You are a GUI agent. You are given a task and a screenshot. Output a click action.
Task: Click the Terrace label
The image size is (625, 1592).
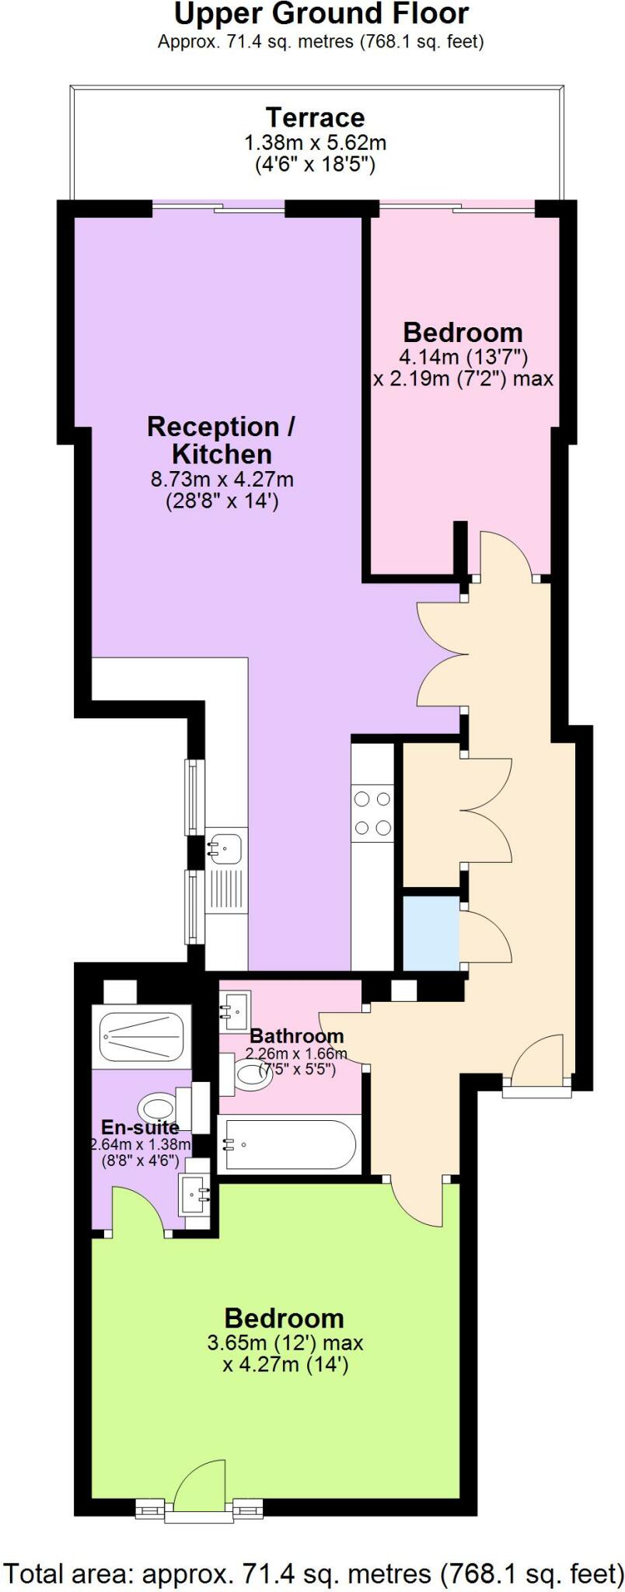315,117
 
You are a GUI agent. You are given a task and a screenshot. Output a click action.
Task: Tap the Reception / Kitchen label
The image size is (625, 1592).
222,440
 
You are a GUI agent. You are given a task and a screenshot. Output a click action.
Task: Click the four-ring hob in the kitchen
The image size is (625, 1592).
372,813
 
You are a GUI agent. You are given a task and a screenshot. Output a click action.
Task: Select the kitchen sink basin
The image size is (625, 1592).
225,847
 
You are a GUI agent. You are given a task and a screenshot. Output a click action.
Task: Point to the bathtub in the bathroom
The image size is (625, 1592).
288,1144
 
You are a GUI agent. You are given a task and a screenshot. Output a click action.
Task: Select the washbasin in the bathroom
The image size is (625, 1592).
235,1010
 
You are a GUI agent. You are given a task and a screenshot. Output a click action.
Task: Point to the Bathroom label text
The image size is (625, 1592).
296,1036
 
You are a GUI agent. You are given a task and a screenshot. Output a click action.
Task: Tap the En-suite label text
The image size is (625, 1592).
140,1127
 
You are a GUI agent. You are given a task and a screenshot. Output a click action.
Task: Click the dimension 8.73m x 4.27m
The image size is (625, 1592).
222,479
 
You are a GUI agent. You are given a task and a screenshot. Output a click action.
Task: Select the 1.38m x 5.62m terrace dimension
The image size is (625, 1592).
315,143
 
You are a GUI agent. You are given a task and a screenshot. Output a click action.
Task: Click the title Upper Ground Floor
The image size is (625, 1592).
321,14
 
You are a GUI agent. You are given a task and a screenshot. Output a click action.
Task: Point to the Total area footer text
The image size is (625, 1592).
312,1573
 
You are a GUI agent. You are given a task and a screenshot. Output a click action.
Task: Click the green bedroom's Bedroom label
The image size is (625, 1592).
284,1318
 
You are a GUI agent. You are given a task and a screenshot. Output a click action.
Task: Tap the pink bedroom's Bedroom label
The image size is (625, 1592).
463,333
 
